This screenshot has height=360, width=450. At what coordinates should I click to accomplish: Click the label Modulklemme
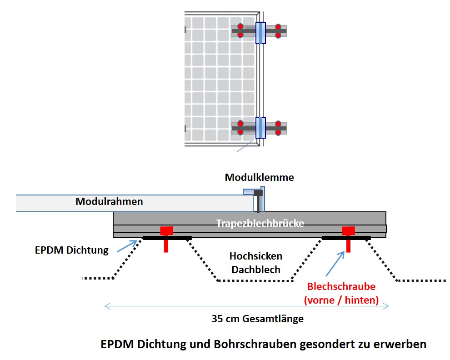(259, 178)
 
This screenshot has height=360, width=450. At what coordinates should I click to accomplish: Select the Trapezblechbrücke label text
(260, 223)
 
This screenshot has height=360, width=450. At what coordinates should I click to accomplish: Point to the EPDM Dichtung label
(72, 250)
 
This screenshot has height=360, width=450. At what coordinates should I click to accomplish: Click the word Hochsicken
(255, 256)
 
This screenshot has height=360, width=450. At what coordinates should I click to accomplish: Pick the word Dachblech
(255, 269)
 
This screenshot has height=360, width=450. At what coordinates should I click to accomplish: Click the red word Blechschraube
(341, 287)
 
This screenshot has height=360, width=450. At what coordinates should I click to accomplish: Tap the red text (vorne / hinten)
(341, 300)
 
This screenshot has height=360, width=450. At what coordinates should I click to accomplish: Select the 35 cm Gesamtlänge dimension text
(257, 319)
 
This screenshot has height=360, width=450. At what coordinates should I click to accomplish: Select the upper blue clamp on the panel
(260, 33)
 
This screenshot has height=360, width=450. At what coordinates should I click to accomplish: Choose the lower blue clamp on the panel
(260, 127)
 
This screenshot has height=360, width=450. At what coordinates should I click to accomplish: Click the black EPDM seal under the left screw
(167, 238)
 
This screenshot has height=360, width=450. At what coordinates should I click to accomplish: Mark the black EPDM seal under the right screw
(346, 238)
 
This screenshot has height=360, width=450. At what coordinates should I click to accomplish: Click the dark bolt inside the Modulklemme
(258, 200)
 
